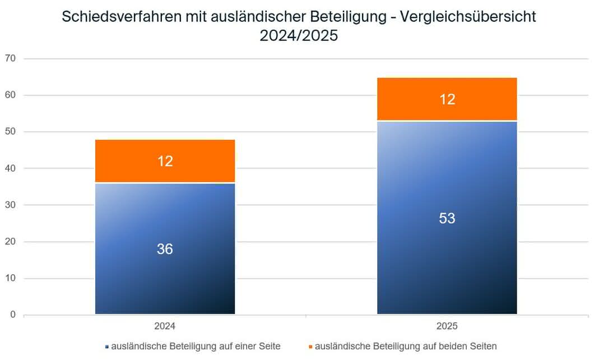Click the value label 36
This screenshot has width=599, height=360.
point(165,249)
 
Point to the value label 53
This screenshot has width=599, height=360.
point(447,218)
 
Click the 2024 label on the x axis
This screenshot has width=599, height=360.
point(165,326)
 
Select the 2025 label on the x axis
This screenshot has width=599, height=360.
point(447,326)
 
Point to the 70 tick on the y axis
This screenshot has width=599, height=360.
point(10,58)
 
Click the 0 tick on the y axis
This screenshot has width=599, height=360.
point(13,315)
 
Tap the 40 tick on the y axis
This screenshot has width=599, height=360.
point(10,168)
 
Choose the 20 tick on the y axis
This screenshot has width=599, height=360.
point(10,242)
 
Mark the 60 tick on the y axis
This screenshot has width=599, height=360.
point(10,95)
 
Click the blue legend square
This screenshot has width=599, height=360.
point(106,347)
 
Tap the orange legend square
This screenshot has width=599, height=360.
point(310,347)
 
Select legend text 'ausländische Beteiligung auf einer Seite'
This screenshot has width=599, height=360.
point(196,347)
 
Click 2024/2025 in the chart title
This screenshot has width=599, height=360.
point(299,35)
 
